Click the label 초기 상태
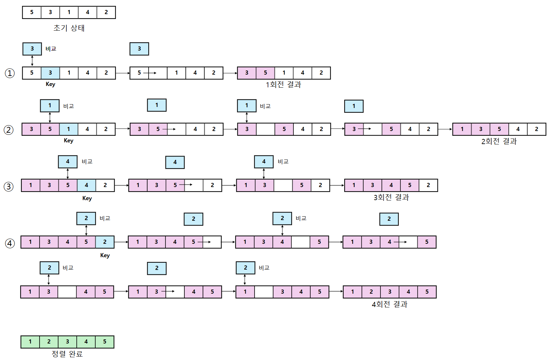tap(69, 28)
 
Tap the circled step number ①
tap(10, 73)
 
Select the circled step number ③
tap(9, 187)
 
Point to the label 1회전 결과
tap(283, 85)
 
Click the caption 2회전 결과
tap(499, 141)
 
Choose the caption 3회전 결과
tap(391, 197)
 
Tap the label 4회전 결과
tap(389, 304)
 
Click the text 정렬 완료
tap(67, 354)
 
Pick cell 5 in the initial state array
tap(32, 12)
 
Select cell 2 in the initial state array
tap(106, 12)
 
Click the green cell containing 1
tap(30, 342)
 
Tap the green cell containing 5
tap(105, 342)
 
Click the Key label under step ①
tap(50, 84)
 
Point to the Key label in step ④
tap(105, 255)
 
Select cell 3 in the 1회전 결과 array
tap(247, 73)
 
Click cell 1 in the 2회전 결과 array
tap(462, 129)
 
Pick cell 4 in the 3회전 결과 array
tap(391, 185)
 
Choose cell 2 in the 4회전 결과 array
tap(371, 292)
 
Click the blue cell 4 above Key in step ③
tap(68, 162)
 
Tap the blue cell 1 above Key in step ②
tap(50, 106)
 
